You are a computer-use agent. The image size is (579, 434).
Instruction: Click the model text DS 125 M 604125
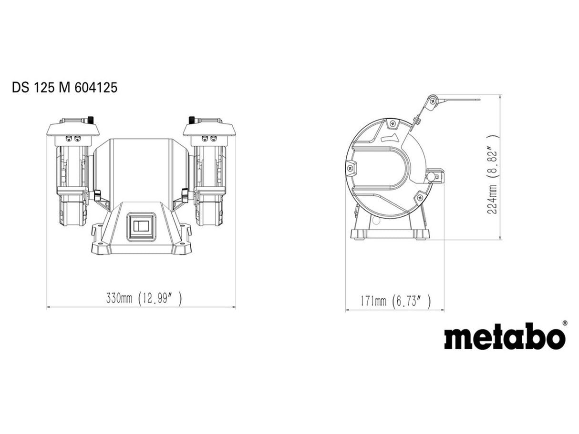[x=64, y=88]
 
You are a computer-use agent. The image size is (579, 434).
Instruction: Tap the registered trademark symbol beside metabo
[x=565, y=323]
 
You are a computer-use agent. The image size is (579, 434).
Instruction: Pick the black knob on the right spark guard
[x=192, y=119]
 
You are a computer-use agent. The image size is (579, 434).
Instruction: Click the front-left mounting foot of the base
[x=100, y=248]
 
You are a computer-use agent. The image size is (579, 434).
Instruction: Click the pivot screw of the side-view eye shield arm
[x=433, y=101]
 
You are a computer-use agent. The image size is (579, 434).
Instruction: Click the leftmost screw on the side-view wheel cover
[x=352, y=168]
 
